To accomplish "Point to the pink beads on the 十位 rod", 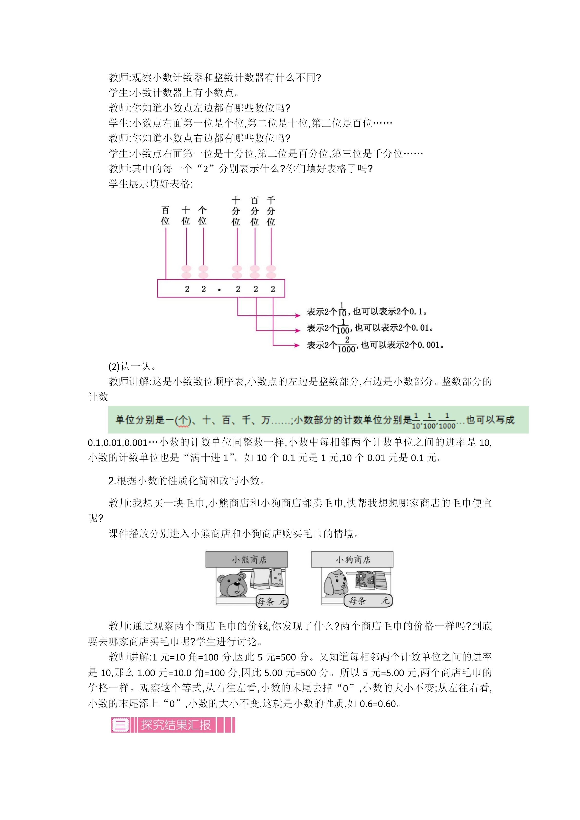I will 186,272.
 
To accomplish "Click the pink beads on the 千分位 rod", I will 271,272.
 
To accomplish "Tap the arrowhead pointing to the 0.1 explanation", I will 297,315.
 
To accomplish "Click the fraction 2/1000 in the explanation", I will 346,345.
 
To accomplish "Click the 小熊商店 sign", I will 247,559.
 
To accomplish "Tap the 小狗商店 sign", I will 352,559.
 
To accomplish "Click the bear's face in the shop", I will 232,585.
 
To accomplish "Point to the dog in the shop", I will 336,583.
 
